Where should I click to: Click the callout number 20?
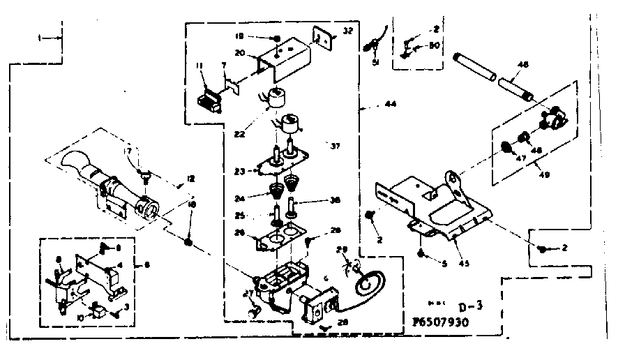(x=240, y=52)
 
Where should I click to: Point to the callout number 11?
(x=199, y=66)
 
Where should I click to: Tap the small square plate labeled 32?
(x=322, y=37)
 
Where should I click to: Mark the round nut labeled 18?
(x=188, y=241)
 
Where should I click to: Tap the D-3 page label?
(x=455, y=306)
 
